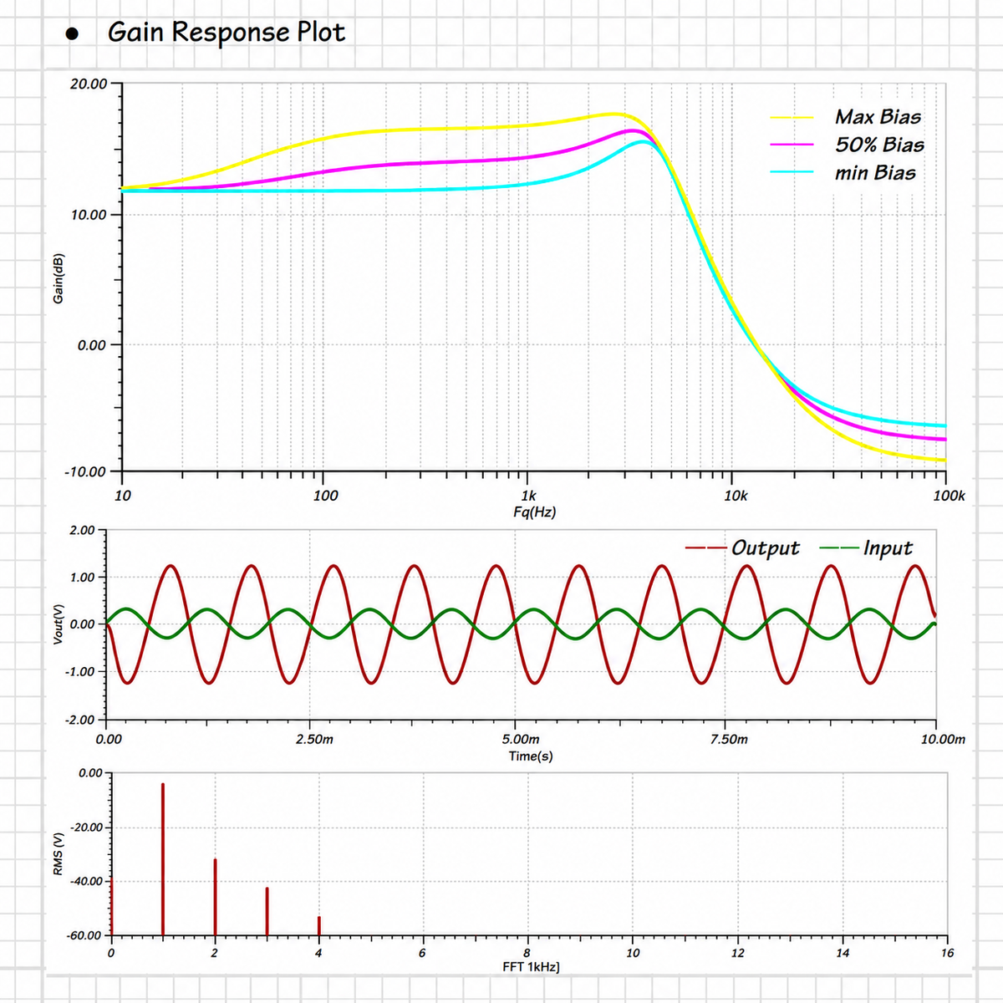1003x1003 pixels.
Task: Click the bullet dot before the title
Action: (x=72, y=33)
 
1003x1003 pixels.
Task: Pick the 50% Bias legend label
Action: (x=879, y=145)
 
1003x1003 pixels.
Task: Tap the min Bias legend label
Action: (x=875, y=173)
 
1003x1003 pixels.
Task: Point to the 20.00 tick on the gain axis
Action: (x=88, y=84)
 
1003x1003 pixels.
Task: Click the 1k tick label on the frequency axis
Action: (x=528, y=495)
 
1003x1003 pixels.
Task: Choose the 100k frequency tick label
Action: (x=949, y=495)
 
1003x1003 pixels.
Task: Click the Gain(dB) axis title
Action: (x=59, y=278)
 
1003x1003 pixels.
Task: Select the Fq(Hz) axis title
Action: (x=535, y=512)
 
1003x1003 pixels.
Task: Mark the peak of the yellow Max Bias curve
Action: (x=614, y=114)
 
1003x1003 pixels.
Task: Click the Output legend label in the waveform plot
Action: (x=765, y=547)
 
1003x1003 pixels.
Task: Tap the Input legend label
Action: (x=888, y=547)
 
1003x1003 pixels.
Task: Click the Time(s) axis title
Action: (x=531, y=756)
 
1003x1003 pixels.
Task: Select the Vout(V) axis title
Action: (x=59, y=624)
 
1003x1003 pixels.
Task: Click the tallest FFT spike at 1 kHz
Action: (x=163, y=859)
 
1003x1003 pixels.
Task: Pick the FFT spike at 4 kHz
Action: (x=319, y=925)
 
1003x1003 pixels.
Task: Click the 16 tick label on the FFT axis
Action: (x=947, y=953)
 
